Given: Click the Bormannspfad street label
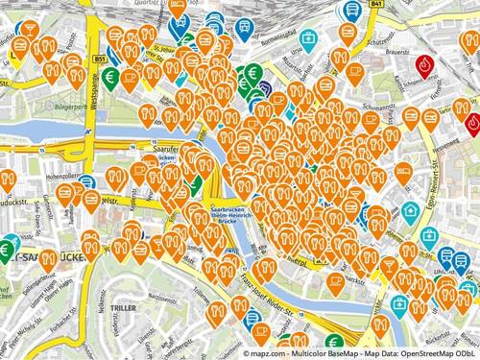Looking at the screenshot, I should click(x=277, y=38).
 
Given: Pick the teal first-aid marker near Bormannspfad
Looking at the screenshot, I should click(x=308, y=39).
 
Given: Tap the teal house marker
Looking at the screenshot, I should click(x=410, y=211).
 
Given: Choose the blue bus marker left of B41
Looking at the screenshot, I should click(x=352, y=12).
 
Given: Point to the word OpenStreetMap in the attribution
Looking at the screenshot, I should click(x=416, y=352).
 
